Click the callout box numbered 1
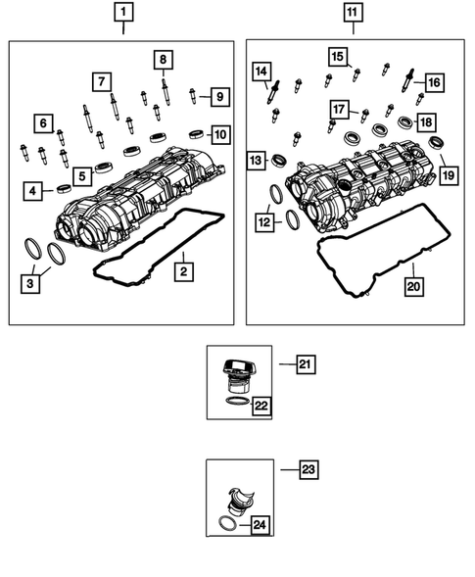[x=123, y=13]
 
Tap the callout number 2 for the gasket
[x=183, y=267]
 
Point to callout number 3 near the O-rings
[x=32, y=284]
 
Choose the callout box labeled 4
[x=33, y=191]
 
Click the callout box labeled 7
[x=101, y=79]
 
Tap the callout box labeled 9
[x=220, y=97]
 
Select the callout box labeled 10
[x=219, y=133]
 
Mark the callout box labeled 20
[x=413, y=286]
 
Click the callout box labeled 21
[x=305, y=364]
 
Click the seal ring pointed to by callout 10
[x=195, y=131]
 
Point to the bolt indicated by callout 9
[x=193, y=95]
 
